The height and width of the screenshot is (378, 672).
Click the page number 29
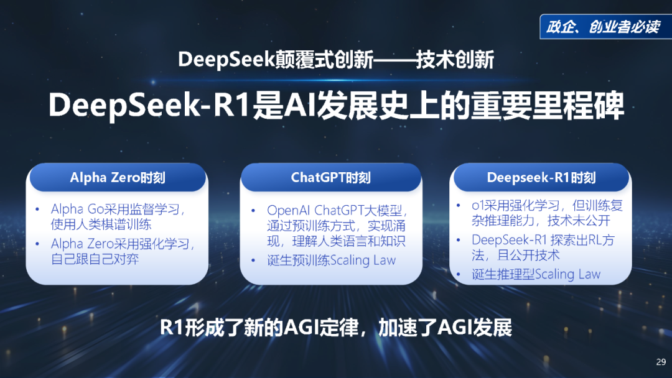pyautogui.click(x=661, y=362)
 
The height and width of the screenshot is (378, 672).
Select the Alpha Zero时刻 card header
pyautogui.click(x=118, y=177)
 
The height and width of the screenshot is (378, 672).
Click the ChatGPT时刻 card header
pyautogui.click(x=331, y=177)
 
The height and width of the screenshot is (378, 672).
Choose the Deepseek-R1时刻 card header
pyautogui.click(x=541, y=177)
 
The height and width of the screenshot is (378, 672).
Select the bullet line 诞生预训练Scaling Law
pyautogui.click(x=331, y=260)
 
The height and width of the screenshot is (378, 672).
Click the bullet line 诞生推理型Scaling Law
pyautogui.click(x=536, y=274)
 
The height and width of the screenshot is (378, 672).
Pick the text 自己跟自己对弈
pyautogui.click(x=95, y=259)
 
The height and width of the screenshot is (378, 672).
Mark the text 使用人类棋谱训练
pyautogui.click(x=101, y=224)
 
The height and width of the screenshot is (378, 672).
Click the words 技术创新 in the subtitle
pyautogui.click(x=455, y=60)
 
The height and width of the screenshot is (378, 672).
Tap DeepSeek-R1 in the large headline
pyautogui.click(x=149, y=105)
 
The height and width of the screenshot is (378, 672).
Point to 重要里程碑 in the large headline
pyautogui.click(x=548, y=105)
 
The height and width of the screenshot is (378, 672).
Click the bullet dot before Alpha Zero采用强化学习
pyautogui.click(x=38, y=244)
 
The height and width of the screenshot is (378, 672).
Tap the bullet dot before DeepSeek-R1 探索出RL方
pyautogui.click(x=458, y=240)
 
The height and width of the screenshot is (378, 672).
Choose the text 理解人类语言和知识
pyautogui.click(x=348, y=241)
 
